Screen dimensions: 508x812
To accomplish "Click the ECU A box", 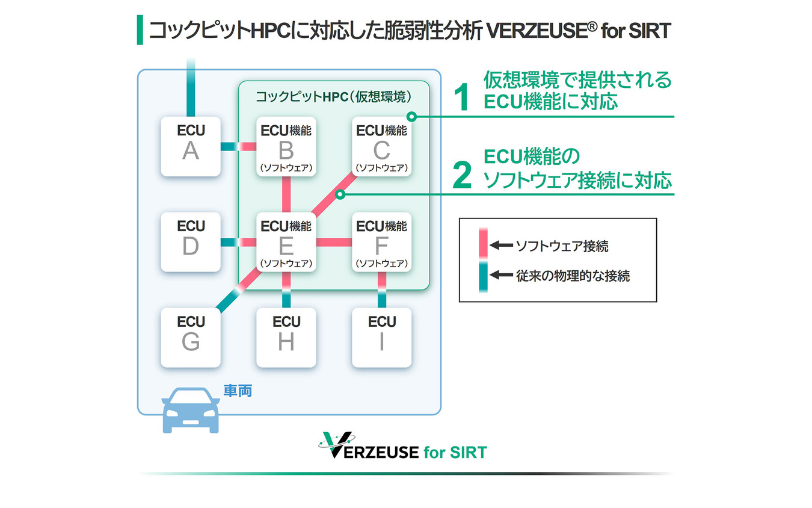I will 191,146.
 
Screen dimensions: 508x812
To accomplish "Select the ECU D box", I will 191,242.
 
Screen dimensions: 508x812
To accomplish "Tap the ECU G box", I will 191,338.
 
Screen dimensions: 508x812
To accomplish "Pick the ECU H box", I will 286,338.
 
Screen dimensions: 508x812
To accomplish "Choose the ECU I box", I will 381,338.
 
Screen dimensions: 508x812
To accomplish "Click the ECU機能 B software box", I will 286,146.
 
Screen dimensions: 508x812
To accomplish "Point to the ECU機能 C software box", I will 381,146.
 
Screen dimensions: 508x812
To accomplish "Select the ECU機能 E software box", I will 286,242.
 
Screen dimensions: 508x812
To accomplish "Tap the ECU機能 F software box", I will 381,242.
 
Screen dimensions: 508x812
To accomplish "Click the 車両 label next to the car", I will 237,391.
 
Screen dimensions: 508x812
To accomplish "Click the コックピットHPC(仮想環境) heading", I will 334,97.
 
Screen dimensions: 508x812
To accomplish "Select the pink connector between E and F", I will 334,242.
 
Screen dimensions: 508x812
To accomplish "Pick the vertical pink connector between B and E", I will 286,194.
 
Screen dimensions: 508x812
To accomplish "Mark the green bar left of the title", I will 140,30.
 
